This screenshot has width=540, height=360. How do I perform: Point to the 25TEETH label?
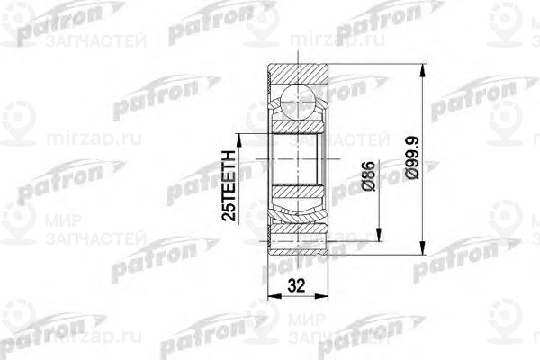(230, 187)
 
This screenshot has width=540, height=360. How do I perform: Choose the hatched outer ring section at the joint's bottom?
(297, 243)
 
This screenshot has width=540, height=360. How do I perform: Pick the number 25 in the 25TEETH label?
(230, 212)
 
